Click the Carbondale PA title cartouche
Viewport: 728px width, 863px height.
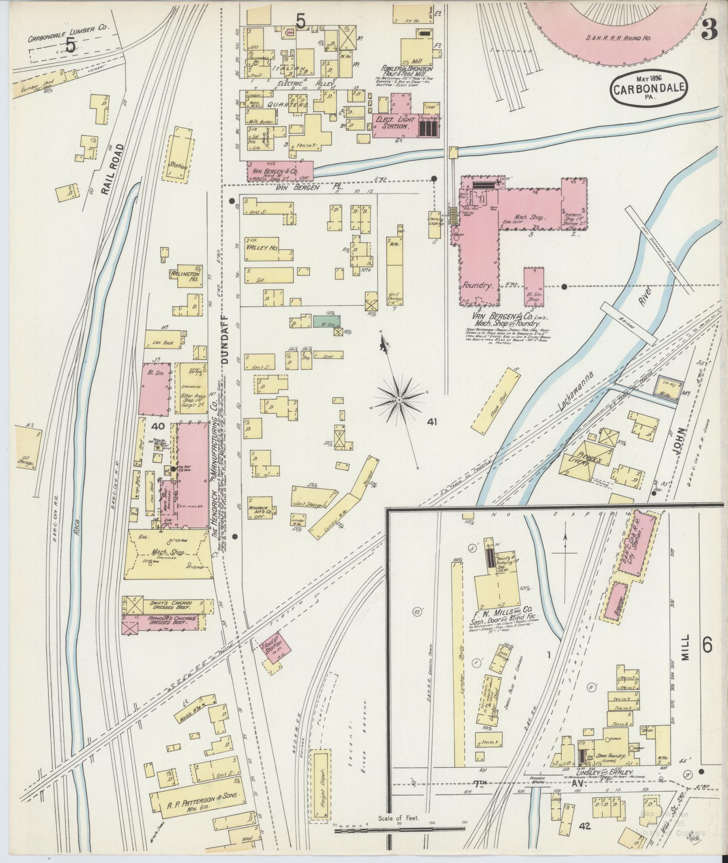coord(649,89)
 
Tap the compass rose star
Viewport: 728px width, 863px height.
coord(400,400)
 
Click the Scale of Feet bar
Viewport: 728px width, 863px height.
coord(399,828)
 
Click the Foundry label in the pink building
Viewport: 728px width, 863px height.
coord(480,286)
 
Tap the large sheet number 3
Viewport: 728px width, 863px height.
coord(709,30)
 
